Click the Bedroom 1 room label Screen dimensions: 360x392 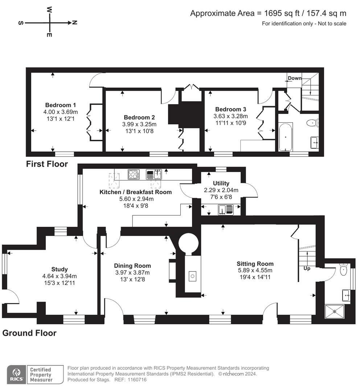click(60, 105)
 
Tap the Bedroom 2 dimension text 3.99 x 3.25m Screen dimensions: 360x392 click(139, 124)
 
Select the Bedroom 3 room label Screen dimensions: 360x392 click(230, 109)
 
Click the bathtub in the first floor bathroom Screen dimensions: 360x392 click(286, 137)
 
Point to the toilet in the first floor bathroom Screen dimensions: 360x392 click(312, 123)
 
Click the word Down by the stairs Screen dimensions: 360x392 click(295, 78)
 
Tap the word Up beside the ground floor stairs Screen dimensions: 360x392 click(307, 268)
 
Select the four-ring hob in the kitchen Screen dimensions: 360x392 click(134, 174)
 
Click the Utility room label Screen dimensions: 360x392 click(221, 183)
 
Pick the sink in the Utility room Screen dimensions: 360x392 click(226, 209)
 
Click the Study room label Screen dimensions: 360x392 click(60, 269)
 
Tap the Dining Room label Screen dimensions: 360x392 click(132, 266)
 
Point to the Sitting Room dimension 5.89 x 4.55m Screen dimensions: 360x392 click(255, 270)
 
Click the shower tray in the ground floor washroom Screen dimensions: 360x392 click(335, 311)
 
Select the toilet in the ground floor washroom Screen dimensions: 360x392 click(344, 269)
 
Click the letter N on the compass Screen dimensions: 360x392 click(74, 23)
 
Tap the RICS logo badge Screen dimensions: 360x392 click(16, 375)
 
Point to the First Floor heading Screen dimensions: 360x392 click(47, 164)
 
